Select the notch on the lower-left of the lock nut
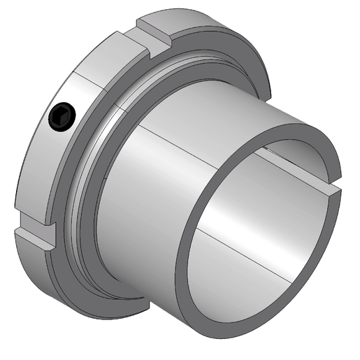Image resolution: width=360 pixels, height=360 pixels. [x=34, y=235]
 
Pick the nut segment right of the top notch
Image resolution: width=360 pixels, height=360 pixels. [x=210, y=35]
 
